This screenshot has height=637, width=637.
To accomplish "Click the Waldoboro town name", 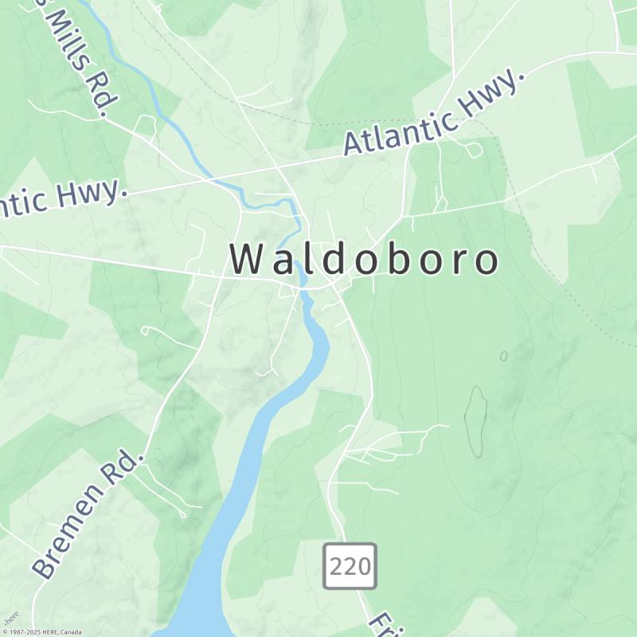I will [365, 260].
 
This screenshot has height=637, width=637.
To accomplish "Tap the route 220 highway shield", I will [350, 566].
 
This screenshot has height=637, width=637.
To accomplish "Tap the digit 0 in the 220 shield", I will [362, 566].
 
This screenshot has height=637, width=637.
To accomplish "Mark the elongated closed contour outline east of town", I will [476, 422].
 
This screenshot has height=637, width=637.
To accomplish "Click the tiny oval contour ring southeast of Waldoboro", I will [503, 356].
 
